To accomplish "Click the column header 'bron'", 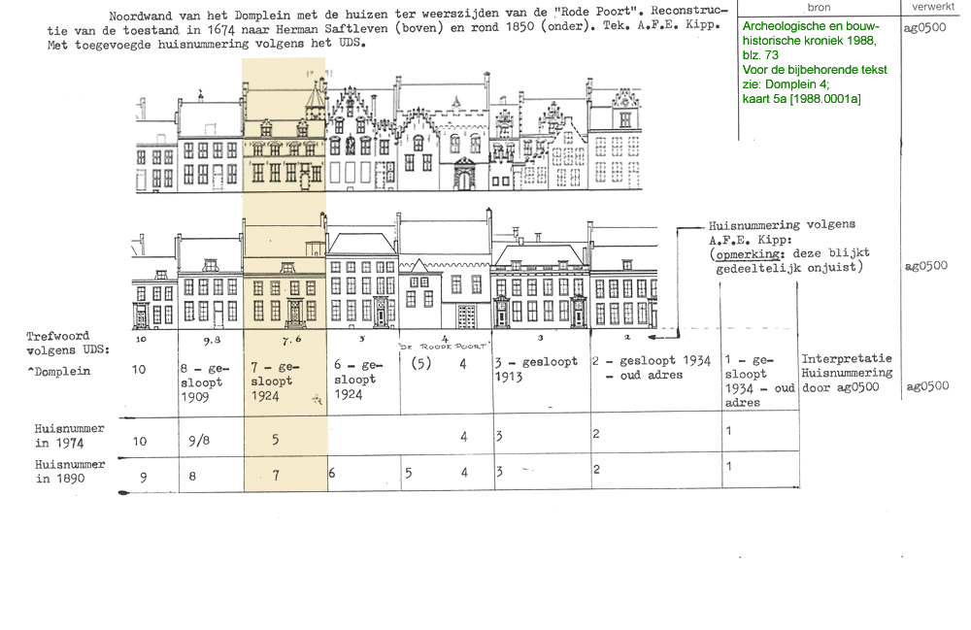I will click(x=819, y=7).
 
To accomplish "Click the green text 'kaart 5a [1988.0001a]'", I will click(x=801, y=98).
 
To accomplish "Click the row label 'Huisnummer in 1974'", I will click(x=69, y=434).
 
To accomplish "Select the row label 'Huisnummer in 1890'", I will click(x=69, y=471).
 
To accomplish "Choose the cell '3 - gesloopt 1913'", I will click(x=535, y=369).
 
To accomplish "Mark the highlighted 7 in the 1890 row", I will click(x=276, y=476).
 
